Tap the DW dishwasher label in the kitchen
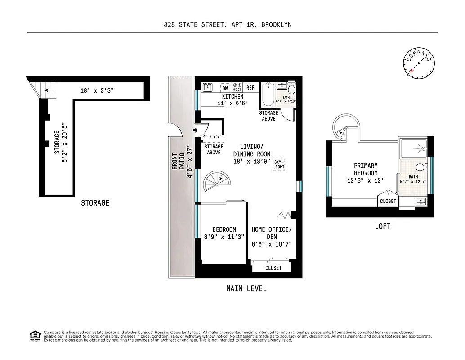(225, 88)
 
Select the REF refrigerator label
(250, 88)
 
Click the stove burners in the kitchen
(237, 87)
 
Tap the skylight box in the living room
(279, 164)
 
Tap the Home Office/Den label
(272, 233)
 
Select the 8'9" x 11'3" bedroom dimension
(224, 237)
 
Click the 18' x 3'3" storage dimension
(97, 90)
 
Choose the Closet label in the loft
(388, 201)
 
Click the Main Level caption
(246, 288)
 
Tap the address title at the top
(228, 24)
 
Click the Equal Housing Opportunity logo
(35, 335)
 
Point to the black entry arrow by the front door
(195, 130)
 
